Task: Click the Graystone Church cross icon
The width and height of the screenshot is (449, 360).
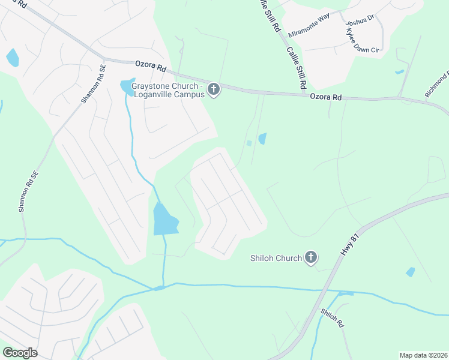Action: pyautogui.click(x=214, y=90)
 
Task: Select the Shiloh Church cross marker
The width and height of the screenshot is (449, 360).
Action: pyautogui.click(x=310, y=258)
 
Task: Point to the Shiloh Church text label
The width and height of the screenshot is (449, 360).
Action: pyautogui.click(x=276, y=259)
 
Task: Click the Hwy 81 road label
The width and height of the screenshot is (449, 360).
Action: pyautogui.click(x=350, y=245)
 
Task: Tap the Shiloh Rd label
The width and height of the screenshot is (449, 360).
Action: pyautogui.click(x=331, y=317)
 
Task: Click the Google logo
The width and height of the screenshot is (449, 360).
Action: pyautogui.click(x=20, y=353)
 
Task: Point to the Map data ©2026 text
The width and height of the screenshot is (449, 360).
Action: pyautogui.click(x=423, y=355)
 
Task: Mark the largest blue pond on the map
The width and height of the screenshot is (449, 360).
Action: pyautogui.click(x=165, y=220)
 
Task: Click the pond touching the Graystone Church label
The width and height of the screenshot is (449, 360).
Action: pyautogui.click(x=127, y=88)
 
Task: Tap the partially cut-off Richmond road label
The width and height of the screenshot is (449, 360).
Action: pyautogui.click(x=436, y=85)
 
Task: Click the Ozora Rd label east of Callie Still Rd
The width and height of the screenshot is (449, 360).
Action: pyautogui.click(x=325, y=97)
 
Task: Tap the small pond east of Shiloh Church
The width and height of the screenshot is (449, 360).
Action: pyautogui.click(x=411, y=272)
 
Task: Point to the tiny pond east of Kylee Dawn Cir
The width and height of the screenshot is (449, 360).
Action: pyautogui.click(x=400, y=72)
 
